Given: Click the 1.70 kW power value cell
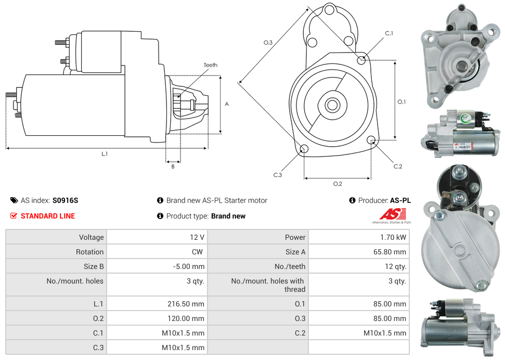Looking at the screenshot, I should [394, 237].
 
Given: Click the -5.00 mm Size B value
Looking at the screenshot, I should [188, 266].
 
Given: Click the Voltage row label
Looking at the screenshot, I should [91, 237].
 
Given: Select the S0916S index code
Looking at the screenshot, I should [65, 200].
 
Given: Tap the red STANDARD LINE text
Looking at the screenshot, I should [48, 216].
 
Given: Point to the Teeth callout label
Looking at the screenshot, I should [211, 65].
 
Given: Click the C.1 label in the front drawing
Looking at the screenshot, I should [389, 33].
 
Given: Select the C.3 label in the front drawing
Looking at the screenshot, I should [277, 175].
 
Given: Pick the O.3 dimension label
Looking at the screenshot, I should [268, 43].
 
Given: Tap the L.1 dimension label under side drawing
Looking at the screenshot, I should [105, 153].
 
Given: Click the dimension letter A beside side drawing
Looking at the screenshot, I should [227, 104].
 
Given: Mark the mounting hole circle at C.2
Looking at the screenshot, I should [371, 139].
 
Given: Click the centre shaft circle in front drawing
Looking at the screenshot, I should [332, 105].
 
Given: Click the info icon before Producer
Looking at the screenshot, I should [352, 200].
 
